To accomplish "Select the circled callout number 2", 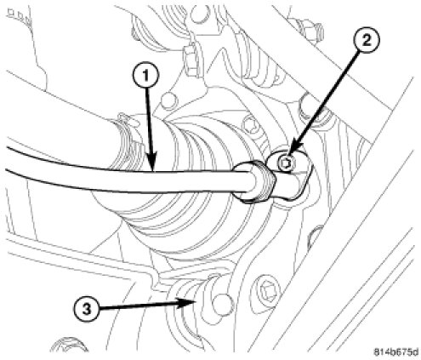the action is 367,42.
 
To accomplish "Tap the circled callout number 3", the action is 87,309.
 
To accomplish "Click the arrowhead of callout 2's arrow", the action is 292,155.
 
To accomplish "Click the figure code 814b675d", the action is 395,352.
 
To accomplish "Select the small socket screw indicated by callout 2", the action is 287,164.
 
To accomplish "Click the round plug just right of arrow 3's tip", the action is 223,306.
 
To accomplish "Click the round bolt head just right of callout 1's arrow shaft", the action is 169,100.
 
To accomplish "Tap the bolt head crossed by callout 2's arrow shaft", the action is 311,109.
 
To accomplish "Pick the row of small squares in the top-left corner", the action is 19,16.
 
